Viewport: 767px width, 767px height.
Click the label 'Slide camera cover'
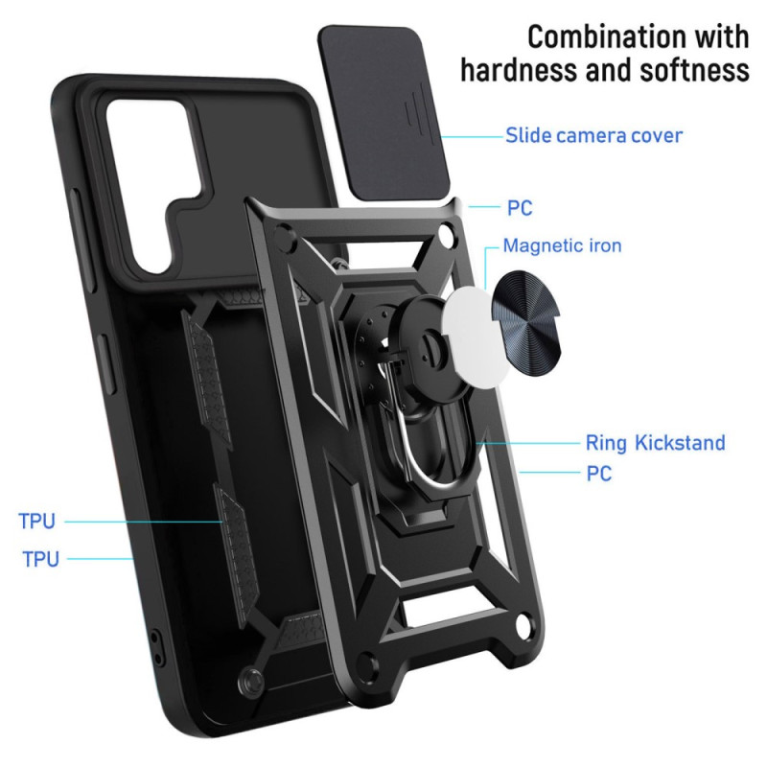pyautogui.click(x=593, y=135)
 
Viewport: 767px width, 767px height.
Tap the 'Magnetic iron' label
pyautogui.click(x=562, y=245)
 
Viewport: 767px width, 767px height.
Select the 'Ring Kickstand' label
pyautogui.click(x=656, y=443)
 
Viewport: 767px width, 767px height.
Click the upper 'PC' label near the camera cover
pyautogui.click(x=520, y=208)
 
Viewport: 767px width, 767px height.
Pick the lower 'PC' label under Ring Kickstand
pyautogui.click(x=598, y=474)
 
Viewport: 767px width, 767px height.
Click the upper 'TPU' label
pyautogui.click(x=37, y=522)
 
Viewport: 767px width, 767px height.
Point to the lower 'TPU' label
pyautogui.click(x=41, y=559)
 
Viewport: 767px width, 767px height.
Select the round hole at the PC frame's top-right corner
pyautogui.click(x=445, y=231)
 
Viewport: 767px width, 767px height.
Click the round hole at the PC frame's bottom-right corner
pyautogui.click(x=523, y=625)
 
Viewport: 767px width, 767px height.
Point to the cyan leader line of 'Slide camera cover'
pyautogui.click(x=472, y=136)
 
